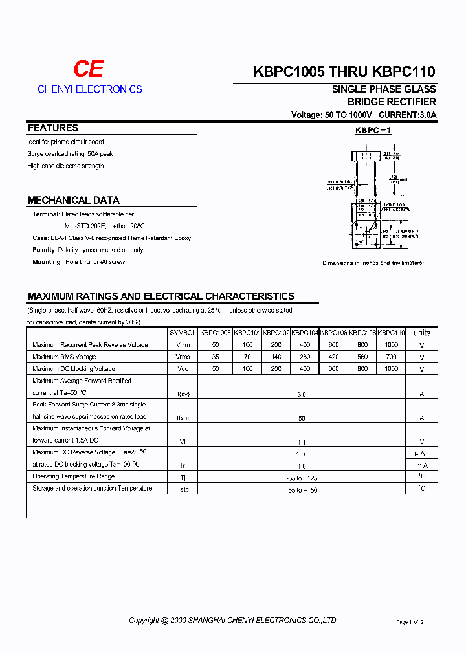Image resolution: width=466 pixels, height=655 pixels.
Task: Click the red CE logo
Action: click(89, 69)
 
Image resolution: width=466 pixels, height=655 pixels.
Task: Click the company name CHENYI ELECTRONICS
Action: click(89, 89)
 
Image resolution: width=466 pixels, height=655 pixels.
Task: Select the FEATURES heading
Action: click(53, 128)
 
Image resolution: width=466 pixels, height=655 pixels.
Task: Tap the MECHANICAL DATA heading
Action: click(74, 201)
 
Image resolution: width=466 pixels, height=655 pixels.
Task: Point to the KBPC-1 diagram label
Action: click(373, 131)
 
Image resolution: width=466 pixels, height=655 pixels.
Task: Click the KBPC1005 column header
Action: click(215, 333)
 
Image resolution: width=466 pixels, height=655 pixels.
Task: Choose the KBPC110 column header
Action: click(391, 333)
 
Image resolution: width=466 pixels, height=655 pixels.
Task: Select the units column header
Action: click(421, 333)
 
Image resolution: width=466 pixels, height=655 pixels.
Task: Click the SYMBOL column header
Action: click(183, 333)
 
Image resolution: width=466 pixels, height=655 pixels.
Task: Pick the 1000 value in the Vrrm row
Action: click(391, 345)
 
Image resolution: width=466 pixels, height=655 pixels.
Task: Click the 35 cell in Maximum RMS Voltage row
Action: click(215, 357)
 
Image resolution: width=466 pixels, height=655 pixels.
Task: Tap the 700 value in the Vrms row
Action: click(391, 357)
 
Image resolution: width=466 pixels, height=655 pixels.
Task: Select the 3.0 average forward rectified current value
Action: click(302, 394)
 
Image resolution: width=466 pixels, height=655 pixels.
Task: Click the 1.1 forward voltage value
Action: click(302, 441)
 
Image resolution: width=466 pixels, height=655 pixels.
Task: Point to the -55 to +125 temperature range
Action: click(302, 478)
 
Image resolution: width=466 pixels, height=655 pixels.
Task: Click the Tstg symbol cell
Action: click(183, 490)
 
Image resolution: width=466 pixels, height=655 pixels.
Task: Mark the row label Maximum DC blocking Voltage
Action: click(74, 369)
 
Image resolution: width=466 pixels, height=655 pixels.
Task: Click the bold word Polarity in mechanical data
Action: click(43, 250)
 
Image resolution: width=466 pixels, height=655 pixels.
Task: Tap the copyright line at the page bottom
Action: click(232, 620)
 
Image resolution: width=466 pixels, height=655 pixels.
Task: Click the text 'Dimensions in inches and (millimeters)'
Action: click(373, 263)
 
